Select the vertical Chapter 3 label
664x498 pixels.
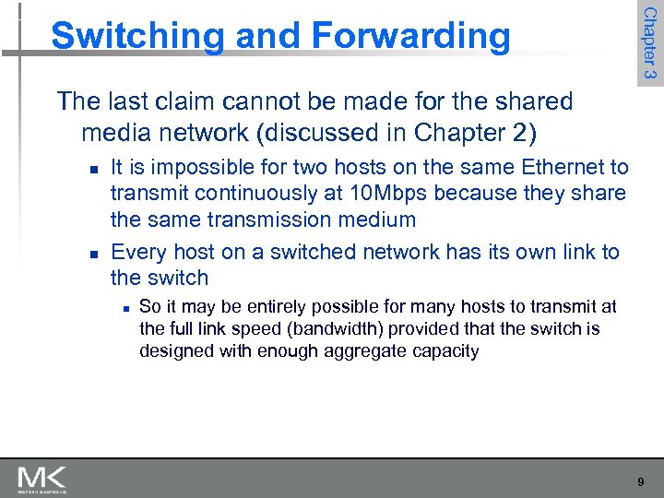(649, 42)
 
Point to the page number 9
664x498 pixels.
(641, 481)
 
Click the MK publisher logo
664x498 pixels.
(41, 480)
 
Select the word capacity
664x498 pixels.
(445, 351)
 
